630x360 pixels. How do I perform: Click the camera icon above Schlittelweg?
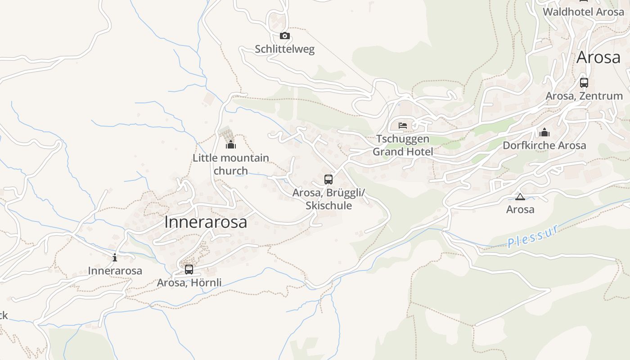tap(284, 36)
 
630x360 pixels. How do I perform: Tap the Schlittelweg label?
tap(284, 49)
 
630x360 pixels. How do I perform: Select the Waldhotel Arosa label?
tap(583, 12)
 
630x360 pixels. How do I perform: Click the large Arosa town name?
tap(598, 58)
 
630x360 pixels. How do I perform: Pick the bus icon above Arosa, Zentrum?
tap(584, 83)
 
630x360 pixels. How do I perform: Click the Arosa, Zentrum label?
tap(584, 96)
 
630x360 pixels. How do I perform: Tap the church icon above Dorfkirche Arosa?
tap(544, 132)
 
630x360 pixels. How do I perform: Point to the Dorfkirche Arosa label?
tap(544, 145)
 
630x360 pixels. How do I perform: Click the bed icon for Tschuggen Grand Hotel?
tap(403, 126)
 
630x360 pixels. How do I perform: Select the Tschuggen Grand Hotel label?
tap(403, 145)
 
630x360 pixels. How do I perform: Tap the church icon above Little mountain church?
tap(231, 144)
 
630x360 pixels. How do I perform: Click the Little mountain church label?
tap(231, 164)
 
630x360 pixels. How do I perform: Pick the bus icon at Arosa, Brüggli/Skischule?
tap(328, 180)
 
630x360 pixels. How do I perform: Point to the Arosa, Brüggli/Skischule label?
tap(328, 199)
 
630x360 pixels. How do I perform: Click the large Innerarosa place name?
tap(206, 222)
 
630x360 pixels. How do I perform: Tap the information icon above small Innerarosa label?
tap(115, 257)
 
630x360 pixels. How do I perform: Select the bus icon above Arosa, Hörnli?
tap(189, 270)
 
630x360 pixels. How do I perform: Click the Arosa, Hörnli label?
tap(189, 283)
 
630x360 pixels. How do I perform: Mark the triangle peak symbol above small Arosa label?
tap(520, 197)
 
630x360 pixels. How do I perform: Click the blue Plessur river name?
tap(534, 236)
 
